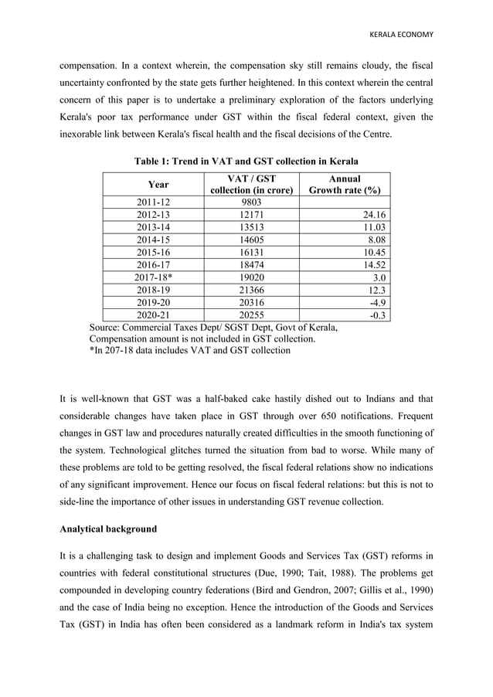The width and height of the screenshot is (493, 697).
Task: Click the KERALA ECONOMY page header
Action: click(x=401, y=35)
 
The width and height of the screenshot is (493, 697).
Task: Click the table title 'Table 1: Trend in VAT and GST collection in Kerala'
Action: click(x=246, y=161)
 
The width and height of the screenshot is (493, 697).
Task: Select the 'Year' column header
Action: click(x=158, y=185)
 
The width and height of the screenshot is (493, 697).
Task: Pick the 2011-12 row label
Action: click(x=153, y=202)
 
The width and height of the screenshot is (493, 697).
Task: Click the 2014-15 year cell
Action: click(x=153, y=240)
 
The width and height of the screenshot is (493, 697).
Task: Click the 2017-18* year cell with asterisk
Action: click(x=153, y=277)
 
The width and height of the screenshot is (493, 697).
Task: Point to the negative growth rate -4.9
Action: click(x=377, y=302)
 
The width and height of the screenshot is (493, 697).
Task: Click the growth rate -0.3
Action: click(x=377, y=315)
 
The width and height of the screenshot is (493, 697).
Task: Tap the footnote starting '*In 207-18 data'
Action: click(x=190, y=350)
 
